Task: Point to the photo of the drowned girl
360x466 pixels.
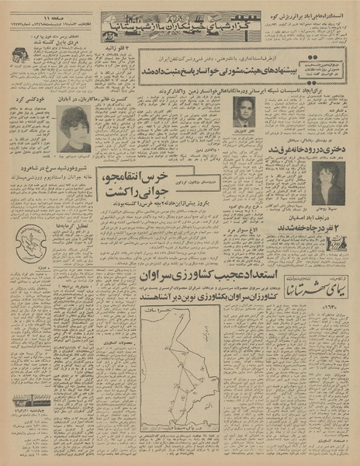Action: [327, 183]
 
